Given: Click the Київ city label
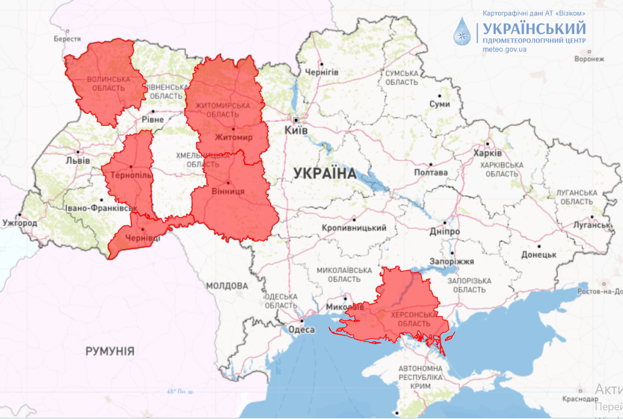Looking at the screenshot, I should (295, 130).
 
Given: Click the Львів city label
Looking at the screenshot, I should (78, 161).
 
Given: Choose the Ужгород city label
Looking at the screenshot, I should (19, 224).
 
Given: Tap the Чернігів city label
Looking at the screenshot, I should (321, 72).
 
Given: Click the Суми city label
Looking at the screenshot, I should (440, 104).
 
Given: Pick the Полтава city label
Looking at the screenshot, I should (431, 173).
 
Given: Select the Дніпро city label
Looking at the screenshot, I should (444, 232).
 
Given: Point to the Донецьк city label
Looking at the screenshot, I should (539, 255).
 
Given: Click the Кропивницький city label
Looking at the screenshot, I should (354, 228).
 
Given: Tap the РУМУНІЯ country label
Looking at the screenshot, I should (110, 351).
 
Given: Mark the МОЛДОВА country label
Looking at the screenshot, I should (227, 286).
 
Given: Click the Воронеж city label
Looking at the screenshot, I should (589, 59).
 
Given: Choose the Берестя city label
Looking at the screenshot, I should (67, 39).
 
